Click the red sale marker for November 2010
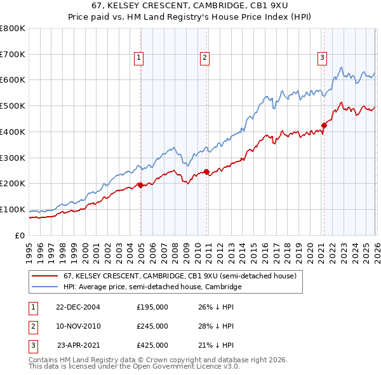click(x=207, y=172)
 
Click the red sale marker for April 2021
click(x=324, y=125)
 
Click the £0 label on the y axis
click(x=20, y=235)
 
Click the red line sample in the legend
click(x=45, y=276)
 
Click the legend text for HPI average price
click(x=152, y=287)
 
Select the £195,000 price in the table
click(x=152, y=306)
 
